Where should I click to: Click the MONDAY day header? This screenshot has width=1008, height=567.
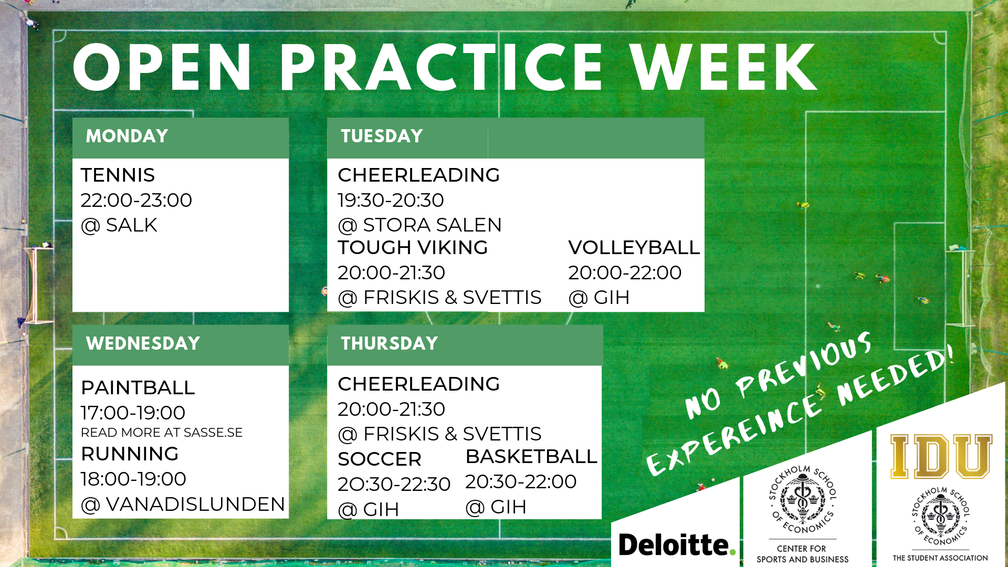tap(127, 136)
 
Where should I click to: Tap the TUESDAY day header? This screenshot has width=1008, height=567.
tap(382, 136)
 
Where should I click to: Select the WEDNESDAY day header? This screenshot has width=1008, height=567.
tap(143, 343)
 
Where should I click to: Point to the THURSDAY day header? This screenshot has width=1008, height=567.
tap(390, 343)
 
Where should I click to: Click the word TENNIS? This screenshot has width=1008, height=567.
tap(118, 175)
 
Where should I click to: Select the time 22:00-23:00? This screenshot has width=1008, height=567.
tap(136, 200)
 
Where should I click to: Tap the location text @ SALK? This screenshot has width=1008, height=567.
tap(119, 225)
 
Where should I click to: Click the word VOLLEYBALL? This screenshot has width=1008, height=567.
tap(634, 247)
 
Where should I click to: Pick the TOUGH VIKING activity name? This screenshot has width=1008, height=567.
tap(413, 247)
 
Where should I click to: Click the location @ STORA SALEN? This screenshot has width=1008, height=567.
tap(420, 225)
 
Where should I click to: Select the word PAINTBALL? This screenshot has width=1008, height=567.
tap(138, 387)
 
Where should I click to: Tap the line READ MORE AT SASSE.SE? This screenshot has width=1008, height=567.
tap(162, 433)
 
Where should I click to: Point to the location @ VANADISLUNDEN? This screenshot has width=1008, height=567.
tap(183, 505)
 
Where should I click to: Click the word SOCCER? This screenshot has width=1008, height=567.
tap(380, 459)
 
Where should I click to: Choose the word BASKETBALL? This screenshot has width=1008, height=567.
tap(532, 457)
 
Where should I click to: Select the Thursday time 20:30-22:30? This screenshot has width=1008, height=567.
tap(394, 484)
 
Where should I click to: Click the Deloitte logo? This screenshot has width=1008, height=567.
tap(677, 544)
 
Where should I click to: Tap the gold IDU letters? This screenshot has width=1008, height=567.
tap(941, 456)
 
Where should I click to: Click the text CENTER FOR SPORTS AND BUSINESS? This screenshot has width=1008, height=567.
tap(802, 554)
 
